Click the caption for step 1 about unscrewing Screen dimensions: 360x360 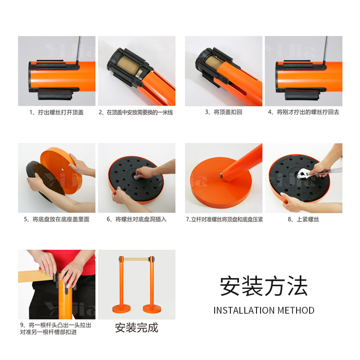57,112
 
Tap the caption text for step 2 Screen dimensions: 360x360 136,112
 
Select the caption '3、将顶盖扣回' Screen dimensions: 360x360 224,112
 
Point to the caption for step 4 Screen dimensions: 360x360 303,112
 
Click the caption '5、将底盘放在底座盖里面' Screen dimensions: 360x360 57,219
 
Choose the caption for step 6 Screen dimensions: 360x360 136,219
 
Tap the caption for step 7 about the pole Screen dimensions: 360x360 224,219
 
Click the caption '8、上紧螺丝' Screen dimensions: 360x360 303,219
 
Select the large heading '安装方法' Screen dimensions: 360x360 264,286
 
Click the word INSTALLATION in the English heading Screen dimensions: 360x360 244,310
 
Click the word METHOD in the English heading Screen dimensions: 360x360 296,310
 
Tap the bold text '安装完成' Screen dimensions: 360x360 136,328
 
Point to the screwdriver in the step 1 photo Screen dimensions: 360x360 80,49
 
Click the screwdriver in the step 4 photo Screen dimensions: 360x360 326,49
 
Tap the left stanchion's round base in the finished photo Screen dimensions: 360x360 121,310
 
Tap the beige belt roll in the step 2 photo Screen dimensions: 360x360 129,65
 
